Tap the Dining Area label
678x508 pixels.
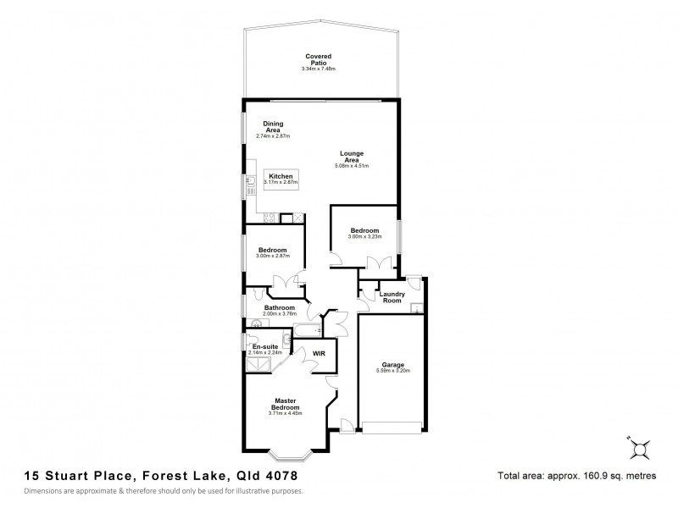[x=272, y=127]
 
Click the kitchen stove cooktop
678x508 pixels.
[x=270, y=219]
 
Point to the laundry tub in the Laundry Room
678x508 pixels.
[x=415, y=307]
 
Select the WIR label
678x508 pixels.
[x=319, y=353]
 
